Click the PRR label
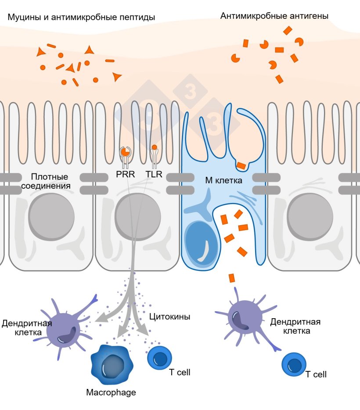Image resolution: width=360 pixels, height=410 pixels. (126, 174)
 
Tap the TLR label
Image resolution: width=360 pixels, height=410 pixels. (154, 174)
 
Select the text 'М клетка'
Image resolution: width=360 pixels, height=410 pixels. (223, 180)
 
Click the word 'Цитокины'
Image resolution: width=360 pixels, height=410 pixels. (169, 316)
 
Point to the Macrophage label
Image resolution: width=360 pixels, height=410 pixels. (111, 392)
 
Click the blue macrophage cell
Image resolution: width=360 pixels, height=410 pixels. (112, 364)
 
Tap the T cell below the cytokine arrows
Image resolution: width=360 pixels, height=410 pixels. (159, 358)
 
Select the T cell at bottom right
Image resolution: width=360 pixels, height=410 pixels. (294, 364)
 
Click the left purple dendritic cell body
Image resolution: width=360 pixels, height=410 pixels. (63, 330)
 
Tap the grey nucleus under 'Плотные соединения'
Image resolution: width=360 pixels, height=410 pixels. (51, 217)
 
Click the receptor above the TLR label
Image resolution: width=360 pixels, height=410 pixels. (155, 156)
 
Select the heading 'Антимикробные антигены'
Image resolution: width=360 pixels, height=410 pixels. (274, 16)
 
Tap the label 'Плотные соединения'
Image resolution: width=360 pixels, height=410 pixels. (46, 181)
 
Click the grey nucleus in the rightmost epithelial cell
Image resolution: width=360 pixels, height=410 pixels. (310, 217)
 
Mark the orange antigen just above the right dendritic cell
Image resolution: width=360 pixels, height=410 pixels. (232, 278)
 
